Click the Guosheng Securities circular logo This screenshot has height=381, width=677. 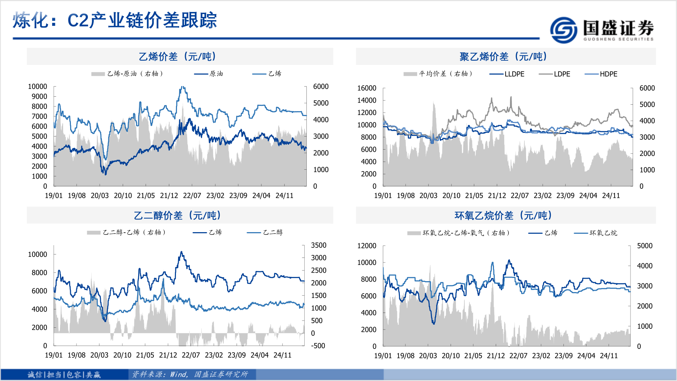(563, 30)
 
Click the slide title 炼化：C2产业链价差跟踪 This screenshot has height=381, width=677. (115, 20)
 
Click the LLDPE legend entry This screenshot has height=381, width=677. (514, 74)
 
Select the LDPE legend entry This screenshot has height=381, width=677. (562, 74)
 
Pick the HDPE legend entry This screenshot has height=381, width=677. (608, 74)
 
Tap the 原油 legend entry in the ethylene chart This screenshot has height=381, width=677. (216, 74)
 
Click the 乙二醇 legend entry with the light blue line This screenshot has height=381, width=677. (273, 232)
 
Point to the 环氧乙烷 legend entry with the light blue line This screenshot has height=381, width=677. (603, 233)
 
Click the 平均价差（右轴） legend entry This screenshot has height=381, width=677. (445, 74)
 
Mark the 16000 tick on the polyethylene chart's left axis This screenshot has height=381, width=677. (367, 88)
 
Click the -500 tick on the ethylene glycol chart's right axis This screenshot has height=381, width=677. (318, 346)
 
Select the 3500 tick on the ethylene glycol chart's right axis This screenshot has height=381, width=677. (319, 245)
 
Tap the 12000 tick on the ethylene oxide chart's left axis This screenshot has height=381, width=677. (367, 246)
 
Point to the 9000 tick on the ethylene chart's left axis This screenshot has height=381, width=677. (39, 96)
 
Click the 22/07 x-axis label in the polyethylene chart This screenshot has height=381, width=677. (520, 195)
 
